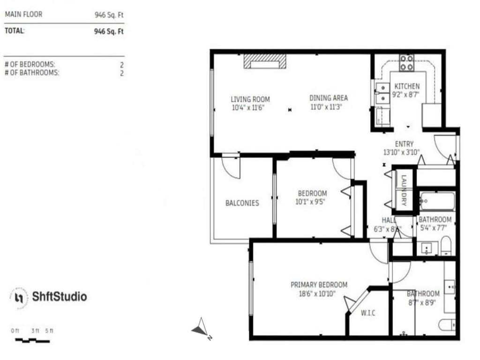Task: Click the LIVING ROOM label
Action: click(250, 99)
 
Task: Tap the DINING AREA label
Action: click(329, 98)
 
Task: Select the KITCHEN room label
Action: click(407, 86)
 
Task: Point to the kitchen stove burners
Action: click(406, 63)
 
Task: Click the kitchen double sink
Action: click(382, 93)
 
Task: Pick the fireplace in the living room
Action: click(264, 61)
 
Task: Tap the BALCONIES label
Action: click(242, 203)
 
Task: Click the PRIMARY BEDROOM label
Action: click(319, 285)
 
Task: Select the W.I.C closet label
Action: click(368, 313)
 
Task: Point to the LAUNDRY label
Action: click(404, 191)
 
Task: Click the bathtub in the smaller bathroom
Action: click(437, 202)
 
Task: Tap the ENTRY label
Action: click(404, 144)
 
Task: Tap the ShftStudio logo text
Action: click(59, 297)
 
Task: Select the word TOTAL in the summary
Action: click(14, 31)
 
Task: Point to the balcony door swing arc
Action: click(231, 168)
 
